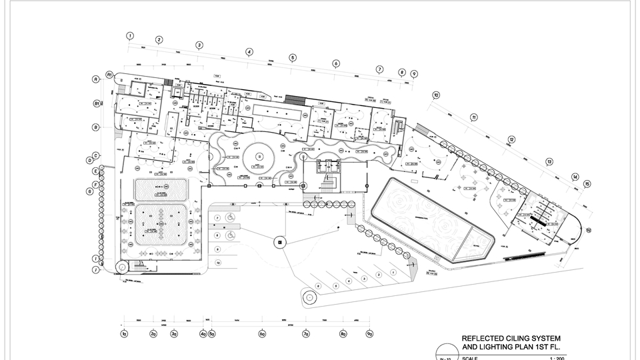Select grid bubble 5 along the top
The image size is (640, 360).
(x=292, y=58)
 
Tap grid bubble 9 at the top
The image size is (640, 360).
(x=414, y=74)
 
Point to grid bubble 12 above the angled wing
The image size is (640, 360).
(x=511, y=139)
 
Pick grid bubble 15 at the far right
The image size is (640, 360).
(x=587, y=184)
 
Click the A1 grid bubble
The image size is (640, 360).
(x=109, y=75)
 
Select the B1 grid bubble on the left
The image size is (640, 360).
(x=97, y=104)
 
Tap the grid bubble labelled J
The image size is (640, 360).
(x=96, y=270)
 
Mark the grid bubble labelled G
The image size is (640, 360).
(x=89, y=192)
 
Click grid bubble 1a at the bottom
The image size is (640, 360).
(x=123, y=333)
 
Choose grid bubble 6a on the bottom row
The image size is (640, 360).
(x=262, y=333)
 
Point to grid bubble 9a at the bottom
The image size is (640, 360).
(x=369, y=333)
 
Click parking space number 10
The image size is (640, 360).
(x=217, y=263)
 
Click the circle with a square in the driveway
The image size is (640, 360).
(x=280, y=241)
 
